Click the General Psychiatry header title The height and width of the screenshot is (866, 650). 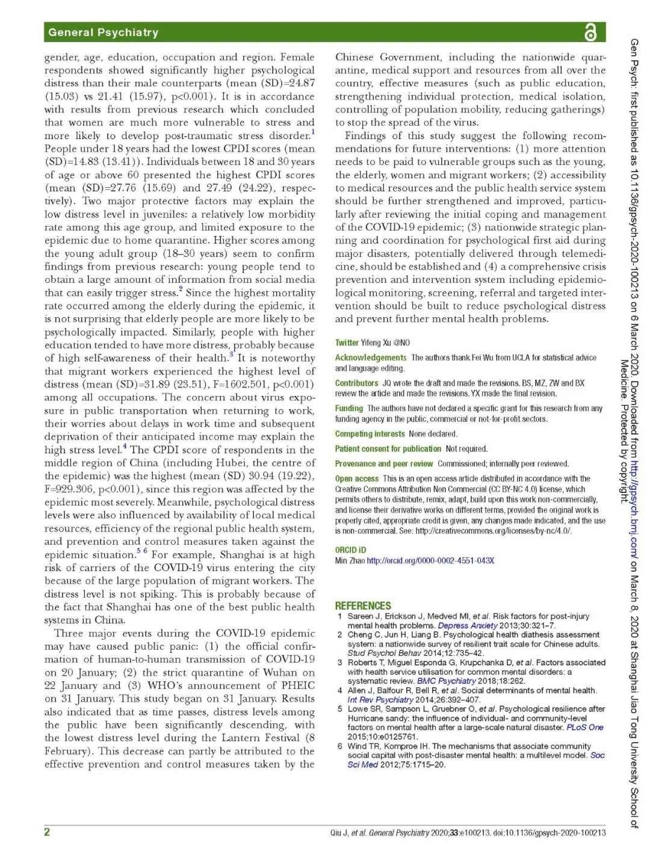coord(103,32)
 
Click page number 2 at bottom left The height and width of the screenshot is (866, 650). coord(47,832)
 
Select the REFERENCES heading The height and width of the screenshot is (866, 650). coord(362,605)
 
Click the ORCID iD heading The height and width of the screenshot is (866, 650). coord(350,549)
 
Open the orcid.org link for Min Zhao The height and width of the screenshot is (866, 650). coord(430,560)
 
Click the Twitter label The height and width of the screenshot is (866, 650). coord(347,342)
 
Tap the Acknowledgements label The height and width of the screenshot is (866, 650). coord(371,357)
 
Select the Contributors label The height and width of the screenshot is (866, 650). coord(356,383)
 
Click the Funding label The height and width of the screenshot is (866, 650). coord(349,408)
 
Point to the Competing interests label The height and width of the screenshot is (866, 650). coord(370,433)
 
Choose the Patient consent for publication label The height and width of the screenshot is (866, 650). coord(388,448)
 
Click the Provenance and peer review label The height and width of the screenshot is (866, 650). coord(384,463)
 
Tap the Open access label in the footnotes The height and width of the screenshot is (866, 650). coord(357,478)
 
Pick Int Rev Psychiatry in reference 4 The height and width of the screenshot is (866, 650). coord(380,699)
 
